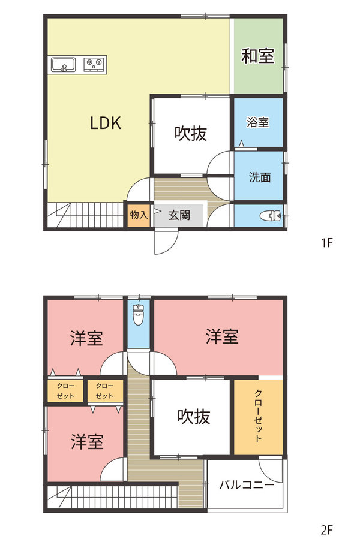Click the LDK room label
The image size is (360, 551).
tap(106, 123)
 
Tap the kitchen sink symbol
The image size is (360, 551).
tap(63, 64)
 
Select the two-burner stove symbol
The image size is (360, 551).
tap(93, 62)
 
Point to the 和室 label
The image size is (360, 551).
tap(258, 56)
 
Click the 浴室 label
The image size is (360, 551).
tap(258, 122)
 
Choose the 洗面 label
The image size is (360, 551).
tap(260, 177)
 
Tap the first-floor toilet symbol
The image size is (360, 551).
tap(272, 215)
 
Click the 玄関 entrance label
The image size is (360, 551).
tap(179, 215)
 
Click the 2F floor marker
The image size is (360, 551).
tap(326, 529)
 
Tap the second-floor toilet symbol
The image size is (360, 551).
tap(139, 314)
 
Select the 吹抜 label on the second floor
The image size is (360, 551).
tap(194, 416)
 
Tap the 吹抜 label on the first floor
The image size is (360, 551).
tap(191, 133)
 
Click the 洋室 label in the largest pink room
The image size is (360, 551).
tap(222, 336)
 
